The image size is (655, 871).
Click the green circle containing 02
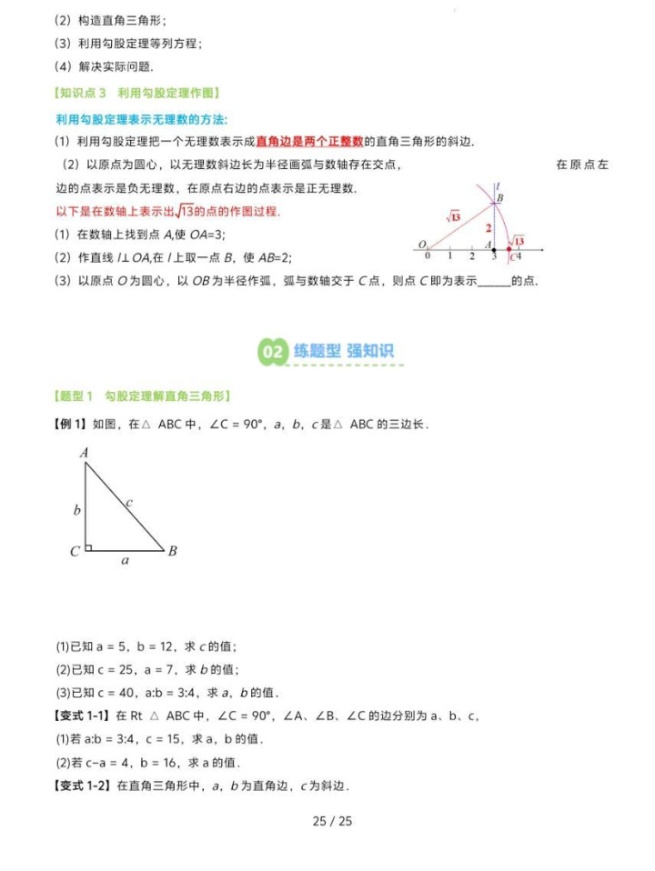(273, 352)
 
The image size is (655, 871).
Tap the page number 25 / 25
(331, 821)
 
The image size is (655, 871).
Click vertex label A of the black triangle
(84, 453)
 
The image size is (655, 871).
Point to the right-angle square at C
(88, 546)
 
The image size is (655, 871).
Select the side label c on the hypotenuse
(129, 502)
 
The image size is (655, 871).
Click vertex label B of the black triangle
(172, 551)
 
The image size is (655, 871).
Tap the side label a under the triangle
(125, 562)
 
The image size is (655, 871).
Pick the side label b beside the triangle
(77, 510)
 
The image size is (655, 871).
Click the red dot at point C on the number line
(509, 249)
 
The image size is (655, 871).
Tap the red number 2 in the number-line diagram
(488, 227)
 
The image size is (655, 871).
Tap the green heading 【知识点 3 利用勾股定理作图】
(136, 93)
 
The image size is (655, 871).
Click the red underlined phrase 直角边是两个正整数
(309, 141)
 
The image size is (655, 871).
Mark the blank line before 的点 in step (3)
(494, 282)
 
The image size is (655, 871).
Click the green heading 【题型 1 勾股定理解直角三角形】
(142, 395)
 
